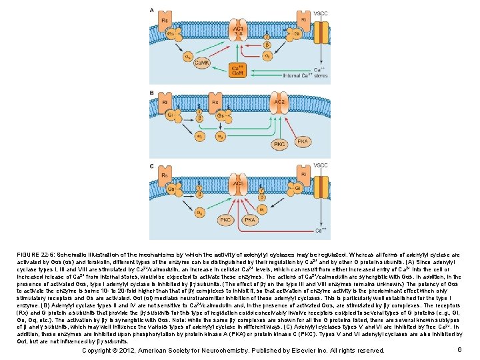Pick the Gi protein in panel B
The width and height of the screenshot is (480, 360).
pos(172,115)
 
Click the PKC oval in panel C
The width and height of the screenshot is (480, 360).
pos(226,219)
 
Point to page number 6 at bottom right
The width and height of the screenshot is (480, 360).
pos(460,350)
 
